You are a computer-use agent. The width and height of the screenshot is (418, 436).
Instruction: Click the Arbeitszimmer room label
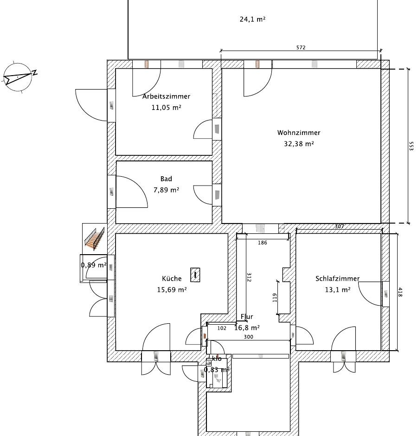166,96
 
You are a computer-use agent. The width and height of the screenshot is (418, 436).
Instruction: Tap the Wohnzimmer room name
299,133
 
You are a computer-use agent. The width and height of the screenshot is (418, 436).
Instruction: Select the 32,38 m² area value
299,144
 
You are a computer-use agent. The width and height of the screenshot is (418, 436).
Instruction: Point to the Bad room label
166,179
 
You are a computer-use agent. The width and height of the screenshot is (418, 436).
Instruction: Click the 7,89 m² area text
166,190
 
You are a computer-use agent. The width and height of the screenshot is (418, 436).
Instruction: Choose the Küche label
172,278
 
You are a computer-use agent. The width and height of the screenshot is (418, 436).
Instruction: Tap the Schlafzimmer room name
337,279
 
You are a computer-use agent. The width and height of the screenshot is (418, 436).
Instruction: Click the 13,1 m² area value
338,290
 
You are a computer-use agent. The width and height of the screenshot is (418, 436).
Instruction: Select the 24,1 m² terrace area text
252,19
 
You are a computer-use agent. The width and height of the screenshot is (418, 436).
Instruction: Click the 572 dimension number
301,48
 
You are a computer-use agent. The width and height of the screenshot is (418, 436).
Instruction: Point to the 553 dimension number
412,146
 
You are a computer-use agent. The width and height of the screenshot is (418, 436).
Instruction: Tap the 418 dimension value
400,292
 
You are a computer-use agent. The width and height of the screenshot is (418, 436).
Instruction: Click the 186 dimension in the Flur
262,243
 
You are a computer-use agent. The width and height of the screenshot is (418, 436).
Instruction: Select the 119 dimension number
275,298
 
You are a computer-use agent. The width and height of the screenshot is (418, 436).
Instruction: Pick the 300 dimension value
248,337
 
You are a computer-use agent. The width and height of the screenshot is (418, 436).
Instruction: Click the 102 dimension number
222,328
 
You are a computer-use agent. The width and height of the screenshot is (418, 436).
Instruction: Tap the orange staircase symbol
95,238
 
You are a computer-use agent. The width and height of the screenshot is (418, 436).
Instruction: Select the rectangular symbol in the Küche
195,275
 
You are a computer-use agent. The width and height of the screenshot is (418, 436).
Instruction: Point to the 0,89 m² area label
94,265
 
